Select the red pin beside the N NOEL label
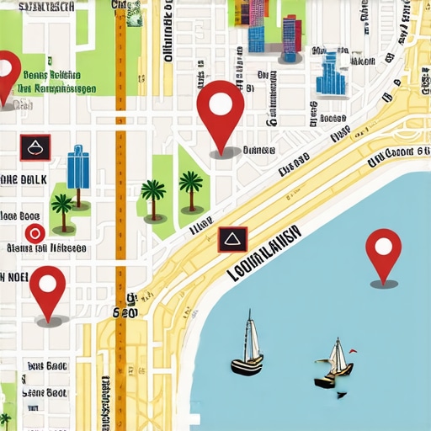coord(48,286)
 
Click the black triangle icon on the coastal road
coord(229,240)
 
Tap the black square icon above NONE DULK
coord(35,147)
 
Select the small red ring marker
coord(34,233)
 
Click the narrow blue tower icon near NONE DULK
coord(77,166)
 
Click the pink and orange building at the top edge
coord(255,12)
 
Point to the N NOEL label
coord(14,278)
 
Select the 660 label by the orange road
coord(125,313)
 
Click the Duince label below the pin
coord(258,151)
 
